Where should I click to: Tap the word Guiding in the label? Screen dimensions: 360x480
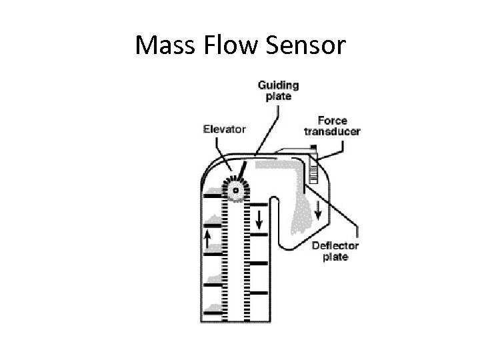[278, 85]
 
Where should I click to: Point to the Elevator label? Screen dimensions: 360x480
[225, 129]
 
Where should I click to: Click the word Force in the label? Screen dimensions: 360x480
[331, 121]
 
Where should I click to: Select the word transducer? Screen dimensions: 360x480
[331, 131]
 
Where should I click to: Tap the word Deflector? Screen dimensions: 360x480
[335, 245]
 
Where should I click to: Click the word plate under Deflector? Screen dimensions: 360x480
[335, 257]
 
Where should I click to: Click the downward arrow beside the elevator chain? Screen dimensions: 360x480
[259, 216]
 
